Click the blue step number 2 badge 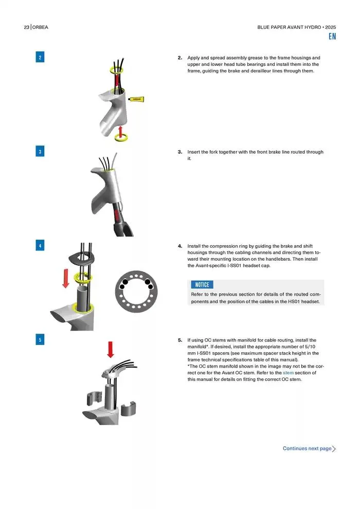[40, 57]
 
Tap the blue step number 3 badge [40, 151]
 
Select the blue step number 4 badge [40, 245]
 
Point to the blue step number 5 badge [40, 339]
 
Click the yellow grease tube [136, 99]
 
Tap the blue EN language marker [332, 37]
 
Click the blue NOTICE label [202, 285]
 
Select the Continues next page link [309, 449]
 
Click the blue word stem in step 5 [288, 373]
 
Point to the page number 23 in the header [27, 27]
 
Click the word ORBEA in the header [40, 27]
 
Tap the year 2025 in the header [331, 27]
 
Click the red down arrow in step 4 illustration [66, 278]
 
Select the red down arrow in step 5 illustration [111, 350]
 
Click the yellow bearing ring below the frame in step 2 [121, 138]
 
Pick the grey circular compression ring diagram [136, 291]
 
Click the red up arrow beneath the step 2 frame [120, 132]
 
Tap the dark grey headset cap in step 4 [81, 258]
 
